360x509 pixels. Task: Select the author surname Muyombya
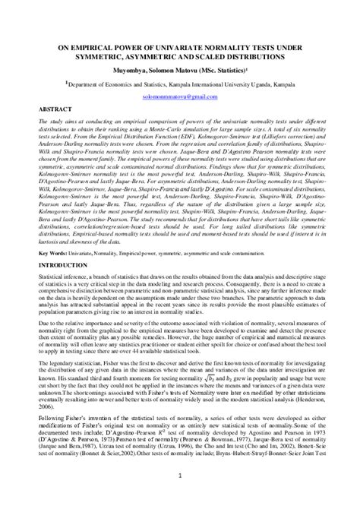pyautogui.click(x=133, y=68)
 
